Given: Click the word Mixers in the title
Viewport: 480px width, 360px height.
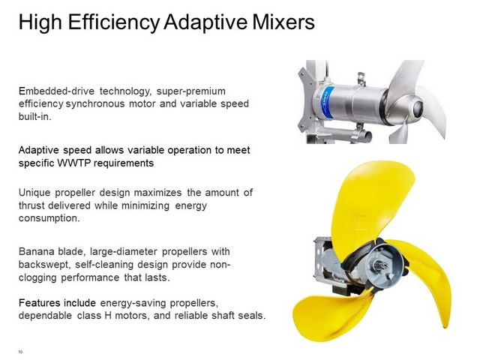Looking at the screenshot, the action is click(x=283, y=22).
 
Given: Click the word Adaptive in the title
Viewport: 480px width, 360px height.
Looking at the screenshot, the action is click(x=205, y=22).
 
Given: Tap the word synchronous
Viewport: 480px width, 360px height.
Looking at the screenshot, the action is click(x=95, y=104).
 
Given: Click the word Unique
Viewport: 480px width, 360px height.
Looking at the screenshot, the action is click(x=34, y=193).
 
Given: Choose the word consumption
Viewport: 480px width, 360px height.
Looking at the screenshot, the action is click(x=49, y=218).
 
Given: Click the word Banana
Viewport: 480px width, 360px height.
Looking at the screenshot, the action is click(x=36, y=252).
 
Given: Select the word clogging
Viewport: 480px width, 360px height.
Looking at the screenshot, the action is click(x=37, y=277).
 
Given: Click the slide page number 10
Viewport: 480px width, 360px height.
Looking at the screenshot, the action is click(x=20, y=352).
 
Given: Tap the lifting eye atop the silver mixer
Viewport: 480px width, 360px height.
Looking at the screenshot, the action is click(x=361, y=79).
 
